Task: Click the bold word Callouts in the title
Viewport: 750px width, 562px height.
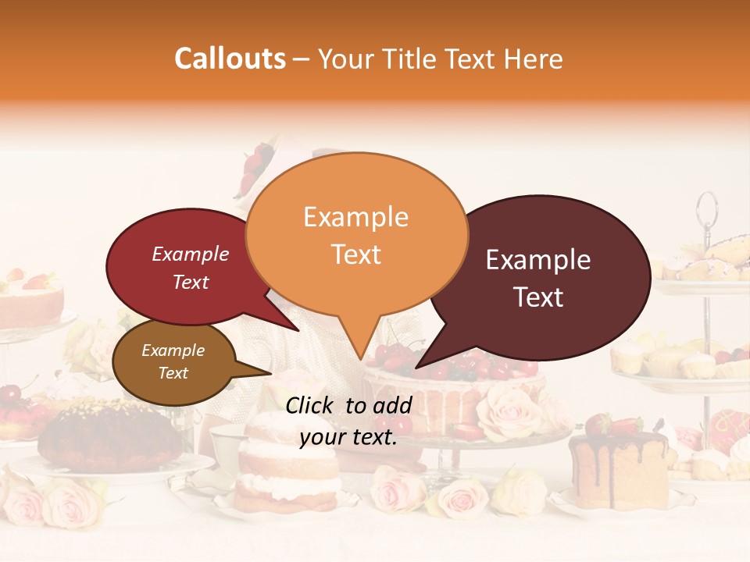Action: point(230,59)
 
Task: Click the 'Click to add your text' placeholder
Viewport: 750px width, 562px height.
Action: point(348,421)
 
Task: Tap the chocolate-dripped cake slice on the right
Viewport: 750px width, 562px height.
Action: point(617,468)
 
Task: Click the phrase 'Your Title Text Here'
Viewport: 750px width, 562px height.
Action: point(441,59)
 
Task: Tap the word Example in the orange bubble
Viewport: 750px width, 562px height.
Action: point(355,217)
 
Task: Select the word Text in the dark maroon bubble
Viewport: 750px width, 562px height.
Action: point(539,297)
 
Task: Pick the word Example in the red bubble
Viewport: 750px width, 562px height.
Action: point(190,254)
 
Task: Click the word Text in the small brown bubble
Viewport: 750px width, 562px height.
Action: point(173,373)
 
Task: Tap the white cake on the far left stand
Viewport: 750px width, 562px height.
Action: point(31,301)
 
